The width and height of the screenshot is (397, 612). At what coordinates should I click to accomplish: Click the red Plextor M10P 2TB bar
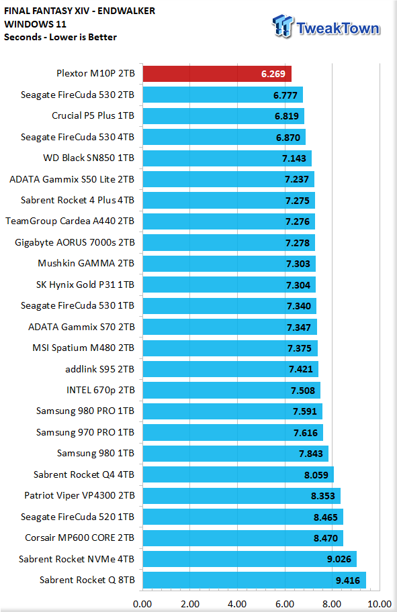tap(217, 73)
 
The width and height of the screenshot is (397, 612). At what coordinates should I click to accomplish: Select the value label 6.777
tap(285, 95)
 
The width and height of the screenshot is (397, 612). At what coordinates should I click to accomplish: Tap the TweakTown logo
tap(326, 27)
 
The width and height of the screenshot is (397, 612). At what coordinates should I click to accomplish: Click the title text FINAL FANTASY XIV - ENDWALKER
tap(80, 11)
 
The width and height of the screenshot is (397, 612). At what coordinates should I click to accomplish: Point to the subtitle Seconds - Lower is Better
tap(60, 37)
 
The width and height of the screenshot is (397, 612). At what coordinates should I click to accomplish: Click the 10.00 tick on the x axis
tap(380, 604)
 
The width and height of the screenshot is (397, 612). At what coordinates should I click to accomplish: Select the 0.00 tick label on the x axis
tap(142, 604)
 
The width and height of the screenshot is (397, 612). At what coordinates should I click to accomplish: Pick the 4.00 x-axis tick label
tap(237, 604)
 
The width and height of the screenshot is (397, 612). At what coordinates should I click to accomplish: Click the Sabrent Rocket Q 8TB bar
tap(255, 580)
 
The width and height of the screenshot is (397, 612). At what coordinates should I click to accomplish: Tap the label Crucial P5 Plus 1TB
tap(93, 115)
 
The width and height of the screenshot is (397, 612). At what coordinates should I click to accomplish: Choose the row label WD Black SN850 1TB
tap(89, 158)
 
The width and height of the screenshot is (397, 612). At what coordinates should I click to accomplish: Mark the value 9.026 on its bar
tap(339, 559)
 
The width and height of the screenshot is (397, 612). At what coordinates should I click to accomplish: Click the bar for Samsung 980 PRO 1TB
tap(232, 411)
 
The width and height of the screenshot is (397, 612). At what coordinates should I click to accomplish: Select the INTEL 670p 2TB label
tap(100, 390)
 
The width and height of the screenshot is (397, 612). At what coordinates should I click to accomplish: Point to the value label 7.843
tap(311, 454)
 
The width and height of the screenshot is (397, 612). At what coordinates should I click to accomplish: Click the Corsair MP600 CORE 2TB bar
tap(243, 538)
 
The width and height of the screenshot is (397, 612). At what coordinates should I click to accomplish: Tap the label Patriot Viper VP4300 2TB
tap(79, 495)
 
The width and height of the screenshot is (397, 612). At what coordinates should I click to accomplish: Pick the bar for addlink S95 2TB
tap(230, 369)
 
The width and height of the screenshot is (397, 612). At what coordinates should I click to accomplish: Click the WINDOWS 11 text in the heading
tap(35, 24)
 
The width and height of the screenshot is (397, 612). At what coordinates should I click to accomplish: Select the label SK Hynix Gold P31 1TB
tap(85, 285)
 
